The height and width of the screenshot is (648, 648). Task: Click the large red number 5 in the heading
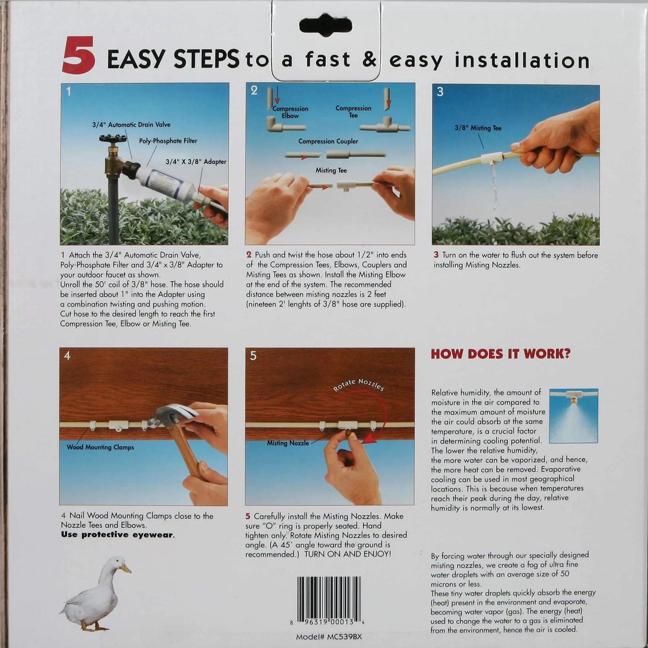point(78,56)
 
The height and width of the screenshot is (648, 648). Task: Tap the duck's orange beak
point(125,568)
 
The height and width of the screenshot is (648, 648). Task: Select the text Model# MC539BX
point(329,637)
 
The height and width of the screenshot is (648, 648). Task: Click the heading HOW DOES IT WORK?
point(501,354)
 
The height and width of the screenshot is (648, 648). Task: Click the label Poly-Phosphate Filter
point(168,141)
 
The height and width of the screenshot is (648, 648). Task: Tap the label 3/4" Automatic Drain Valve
point(131,124)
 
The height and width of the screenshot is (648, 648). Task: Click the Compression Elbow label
point(290,112)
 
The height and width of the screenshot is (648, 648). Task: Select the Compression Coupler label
point(328,141)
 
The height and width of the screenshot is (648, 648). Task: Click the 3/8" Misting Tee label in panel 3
point(478,128)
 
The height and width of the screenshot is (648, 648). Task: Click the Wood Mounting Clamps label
point(100,447)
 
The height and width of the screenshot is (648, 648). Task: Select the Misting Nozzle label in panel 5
point(288,443)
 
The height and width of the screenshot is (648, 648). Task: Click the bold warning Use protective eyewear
point(117,535)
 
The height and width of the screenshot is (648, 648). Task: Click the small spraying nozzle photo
point(574,416)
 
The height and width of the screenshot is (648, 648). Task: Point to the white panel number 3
point(440,92)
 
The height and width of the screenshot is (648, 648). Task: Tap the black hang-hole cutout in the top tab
point(326,26)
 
